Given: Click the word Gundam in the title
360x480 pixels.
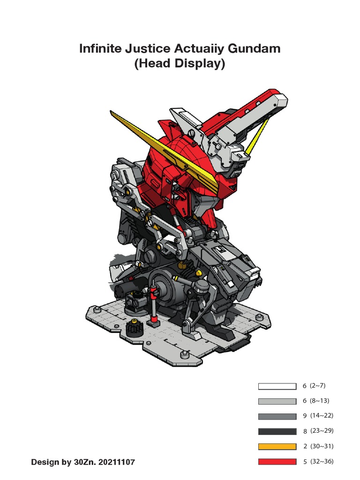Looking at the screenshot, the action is (x=254, y=49).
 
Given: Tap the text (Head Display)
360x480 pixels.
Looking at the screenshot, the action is (x=180, y=64).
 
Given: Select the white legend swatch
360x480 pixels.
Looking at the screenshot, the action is (x=277, y=386).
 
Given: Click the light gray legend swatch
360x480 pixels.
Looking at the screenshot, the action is (x=277, y=401).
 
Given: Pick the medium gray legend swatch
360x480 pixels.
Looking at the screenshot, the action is (x=277, y=416).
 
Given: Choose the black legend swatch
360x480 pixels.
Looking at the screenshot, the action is (x=277, y=431).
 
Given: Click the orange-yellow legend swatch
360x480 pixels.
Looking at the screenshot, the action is (x=277, y=447).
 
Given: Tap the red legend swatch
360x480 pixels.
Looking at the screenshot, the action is (x=277, y=462).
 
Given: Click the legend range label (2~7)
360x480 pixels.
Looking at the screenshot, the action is (x=317, y=386).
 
